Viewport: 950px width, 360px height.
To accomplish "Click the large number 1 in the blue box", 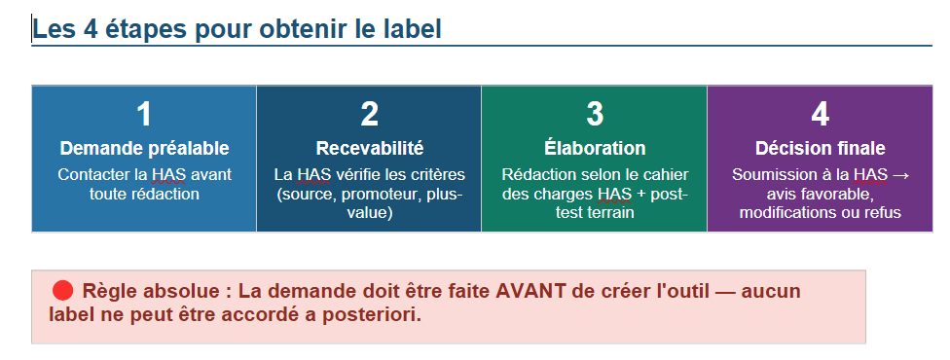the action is point(144,114).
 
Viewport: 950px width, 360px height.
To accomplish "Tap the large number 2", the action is point(370,114).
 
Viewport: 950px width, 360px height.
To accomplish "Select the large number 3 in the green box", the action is point(595,114).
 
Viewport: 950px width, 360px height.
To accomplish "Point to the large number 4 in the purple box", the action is point(820,114).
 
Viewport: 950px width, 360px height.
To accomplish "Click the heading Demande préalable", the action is point(144,149).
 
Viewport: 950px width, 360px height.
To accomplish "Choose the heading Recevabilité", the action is point(370,149).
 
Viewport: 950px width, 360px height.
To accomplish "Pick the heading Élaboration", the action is point(595,148).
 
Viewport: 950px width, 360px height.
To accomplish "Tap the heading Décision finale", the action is point(820,149).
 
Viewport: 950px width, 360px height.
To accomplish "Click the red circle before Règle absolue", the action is point(63,291).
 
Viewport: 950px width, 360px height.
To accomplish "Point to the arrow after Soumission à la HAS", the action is point(901,175).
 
